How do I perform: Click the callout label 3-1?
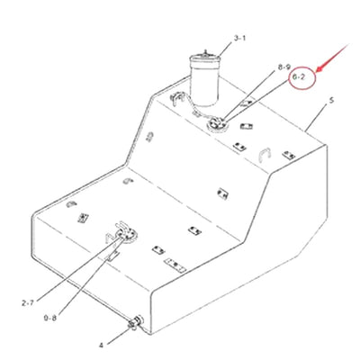(x=239, y=38)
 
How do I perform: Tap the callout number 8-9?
(x=283, y=67)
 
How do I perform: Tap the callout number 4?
(x=101, y=343)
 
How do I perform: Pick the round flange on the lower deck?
(x=121, y=236)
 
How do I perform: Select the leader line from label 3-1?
(x=225, y=44)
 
